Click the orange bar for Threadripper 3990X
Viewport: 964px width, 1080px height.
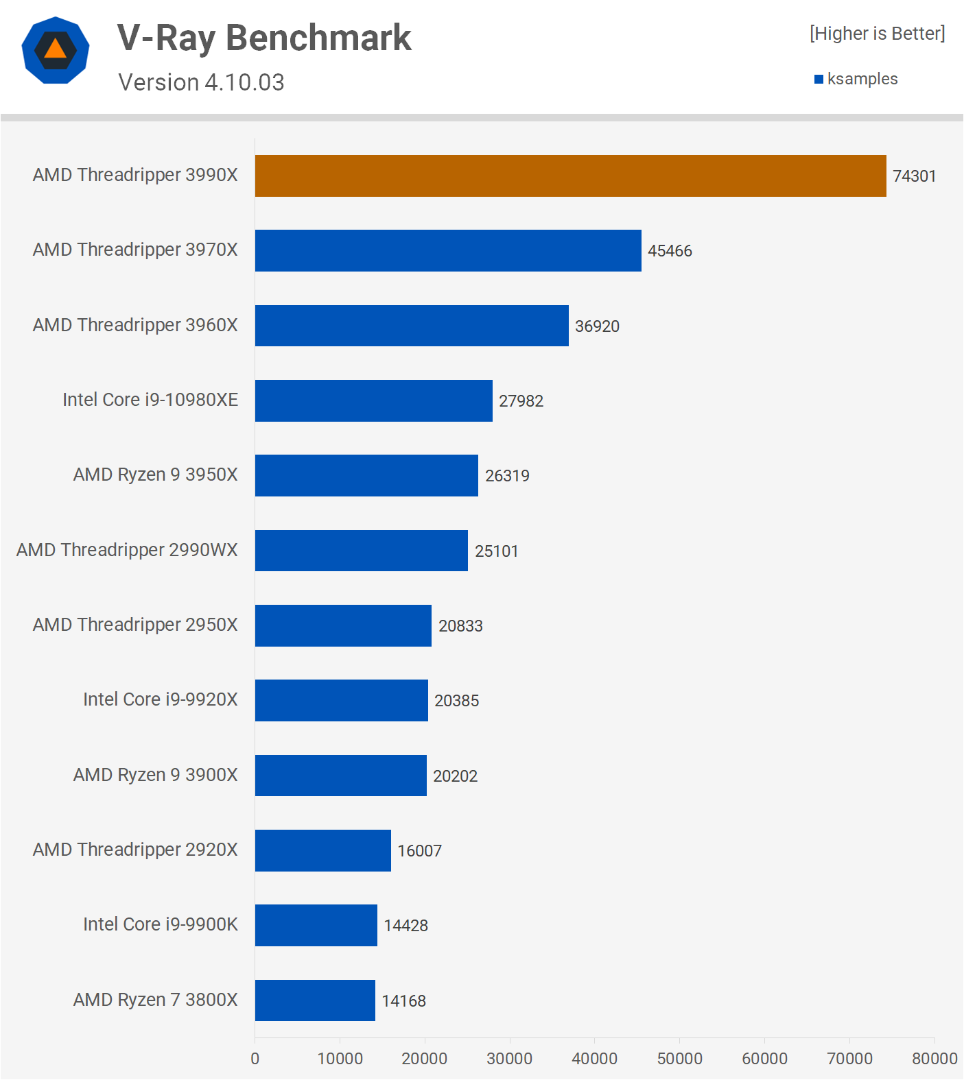[x=570, y=176]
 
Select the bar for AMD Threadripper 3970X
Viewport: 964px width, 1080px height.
[x=448, y=250]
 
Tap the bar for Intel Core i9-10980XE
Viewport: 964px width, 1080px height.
[x=373, y=400]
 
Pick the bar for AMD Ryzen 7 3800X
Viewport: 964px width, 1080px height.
[x=315, y=1000]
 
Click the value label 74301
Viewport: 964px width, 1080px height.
[x=914, y=176]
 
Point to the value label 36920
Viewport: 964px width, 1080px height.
[x=597, y=326]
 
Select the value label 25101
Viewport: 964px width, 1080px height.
[x=496, y=551]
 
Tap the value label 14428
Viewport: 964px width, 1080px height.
[x=405, y=926]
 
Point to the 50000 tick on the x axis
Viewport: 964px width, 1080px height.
[x=679, y=1058]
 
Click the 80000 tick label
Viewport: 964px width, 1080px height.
[x=934, y=1058]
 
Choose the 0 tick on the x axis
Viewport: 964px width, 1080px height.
[x=255, y=1058]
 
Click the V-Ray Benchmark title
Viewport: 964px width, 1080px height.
[x=264, y=38]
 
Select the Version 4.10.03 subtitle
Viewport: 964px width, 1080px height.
[x=201, y=82]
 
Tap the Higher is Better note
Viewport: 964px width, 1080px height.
[x=877, y=34]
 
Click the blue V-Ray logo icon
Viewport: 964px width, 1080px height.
[x=56, y=50]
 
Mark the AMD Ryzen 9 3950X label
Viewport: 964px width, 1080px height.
[x=156, y=475]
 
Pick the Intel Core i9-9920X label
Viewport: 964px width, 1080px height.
[x=161, y=699]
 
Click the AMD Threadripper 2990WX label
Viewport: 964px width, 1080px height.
[x=127, y=550]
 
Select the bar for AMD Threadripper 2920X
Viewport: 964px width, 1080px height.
[x=322, y=850]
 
